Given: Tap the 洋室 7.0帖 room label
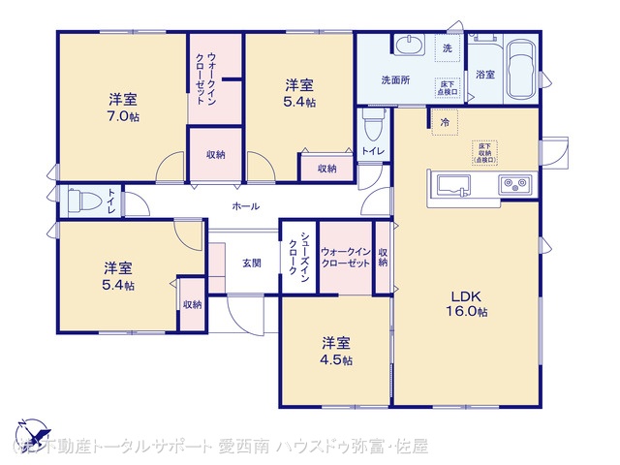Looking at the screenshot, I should [x=122, y=108].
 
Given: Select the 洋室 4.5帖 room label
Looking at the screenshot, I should [x=337, y=351].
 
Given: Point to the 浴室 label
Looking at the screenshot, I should [x=484, y=75].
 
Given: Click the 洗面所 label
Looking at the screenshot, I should [x=394, y=79].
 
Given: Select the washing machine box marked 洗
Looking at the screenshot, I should [x=448, y=48].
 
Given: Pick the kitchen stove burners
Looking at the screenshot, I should [x=512, y=184].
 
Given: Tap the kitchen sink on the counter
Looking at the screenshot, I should [x=453, y=184].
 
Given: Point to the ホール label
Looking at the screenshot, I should [x=244, y=206].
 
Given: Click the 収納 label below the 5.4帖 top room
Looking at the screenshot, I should [x=326, y=169].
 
